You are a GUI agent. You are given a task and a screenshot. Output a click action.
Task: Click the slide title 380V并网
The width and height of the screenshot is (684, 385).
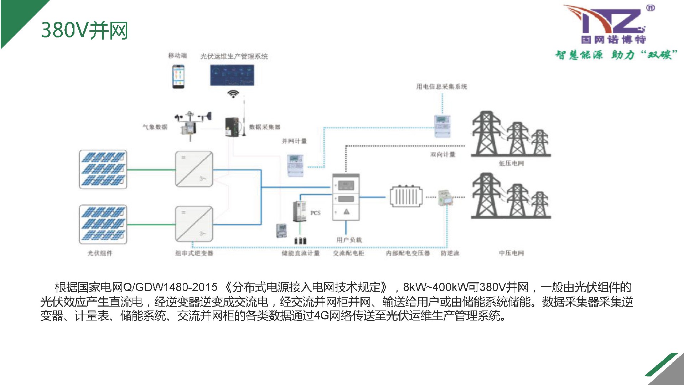[84, 30]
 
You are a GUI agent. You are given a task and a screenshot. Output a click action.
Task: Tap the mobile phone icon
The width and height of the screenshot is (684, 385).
[178, 76]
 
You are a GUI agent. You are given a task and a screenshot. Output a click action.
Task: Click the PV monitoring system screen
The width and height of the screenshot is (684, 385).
[232, 75]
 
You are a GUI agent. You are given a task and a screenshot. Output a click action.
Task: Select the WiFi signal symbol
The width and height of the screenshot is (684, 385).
[233, 93]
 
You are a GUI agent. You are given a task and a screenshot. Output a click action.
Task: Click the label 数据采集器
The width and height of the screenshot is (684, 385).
[265, 127]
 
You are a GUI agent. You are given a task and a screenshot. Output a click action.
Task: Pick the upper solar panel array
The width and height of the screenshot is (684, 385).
[103, 169]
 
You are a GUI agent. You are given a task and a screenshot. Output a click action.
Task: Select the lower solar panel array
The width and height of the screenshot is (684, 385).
[103, 224]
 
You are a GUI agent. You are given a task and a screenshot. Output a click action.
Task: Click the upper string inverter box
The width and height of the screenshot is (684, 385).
[194, 169]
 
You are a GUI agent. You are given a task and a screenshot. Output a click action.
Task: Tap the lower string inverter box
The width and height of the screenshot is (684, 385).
[194, 224]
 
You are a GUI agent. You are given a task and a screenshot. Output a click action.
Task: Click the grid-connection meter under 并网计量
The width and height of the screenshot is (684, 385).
[295, 165]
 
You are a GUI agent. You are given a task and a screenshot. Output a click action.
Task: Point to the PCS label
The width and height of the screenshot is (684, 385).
[315, 213]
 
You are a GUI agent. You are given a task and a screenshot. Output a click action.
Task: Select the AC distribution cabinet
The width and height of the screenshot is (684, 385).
[346, 197]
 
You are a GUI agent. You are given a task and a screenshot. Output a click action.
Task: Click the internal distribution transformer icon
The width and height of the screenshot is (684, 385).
[406, 196]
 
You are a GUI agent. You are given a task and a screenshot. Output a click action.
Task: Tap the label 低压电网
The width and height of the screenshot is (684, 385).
[511, 163]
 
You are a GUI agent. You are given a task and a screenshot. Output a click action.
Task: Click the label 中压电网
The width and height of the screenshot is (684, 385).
[511, 253]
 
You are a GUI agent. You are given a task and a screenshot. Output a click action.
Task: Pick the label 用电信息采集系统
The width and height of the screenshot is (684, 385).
[441, 87]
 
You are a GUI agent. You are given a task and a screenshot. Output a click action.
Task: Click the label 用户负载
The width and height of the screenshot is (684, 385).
[349, 240]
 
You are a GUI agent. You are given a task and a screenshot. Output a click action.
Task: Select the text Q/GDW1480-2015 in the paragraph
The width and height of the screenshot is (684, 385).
[170, 287]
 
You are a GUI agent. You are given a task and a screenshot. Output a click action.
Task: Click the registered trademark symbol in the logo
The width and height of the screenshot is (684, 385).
[650, 8]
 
